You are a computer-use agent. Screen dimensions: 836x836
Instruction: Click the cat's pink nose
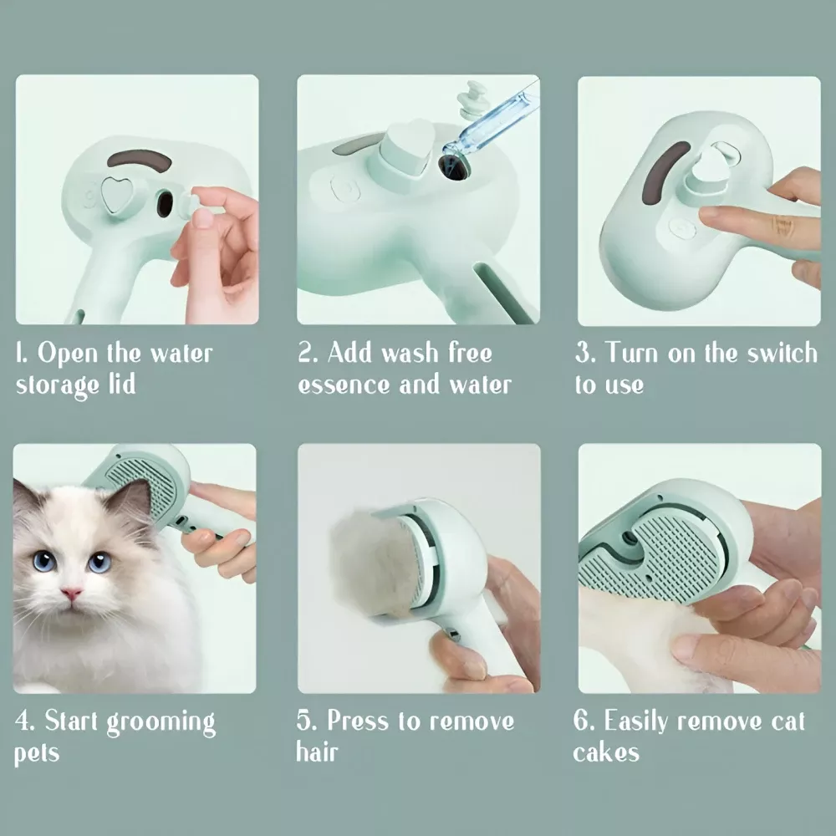coord(71,593)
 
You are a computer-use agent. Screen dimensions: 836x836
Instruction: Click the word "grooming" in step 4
coord(161,723)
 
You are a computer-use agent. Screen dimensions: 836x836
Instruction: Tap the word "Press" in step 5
coord(358,721)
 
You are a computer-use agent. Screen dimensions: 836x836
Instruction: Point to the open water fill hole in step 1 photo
coord(165,204)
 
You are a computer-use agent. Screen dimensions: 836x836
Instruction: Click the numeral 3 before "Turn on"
coord(584,353)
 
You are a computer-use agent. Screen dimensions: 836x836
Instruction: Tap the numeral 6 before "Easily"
coord(581,721)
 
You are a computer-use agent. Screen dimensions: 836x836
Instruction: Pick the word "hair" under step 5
coord(317,752)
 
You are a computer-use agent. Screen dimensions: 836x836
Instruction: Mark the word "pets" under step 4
coord(36,754)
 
